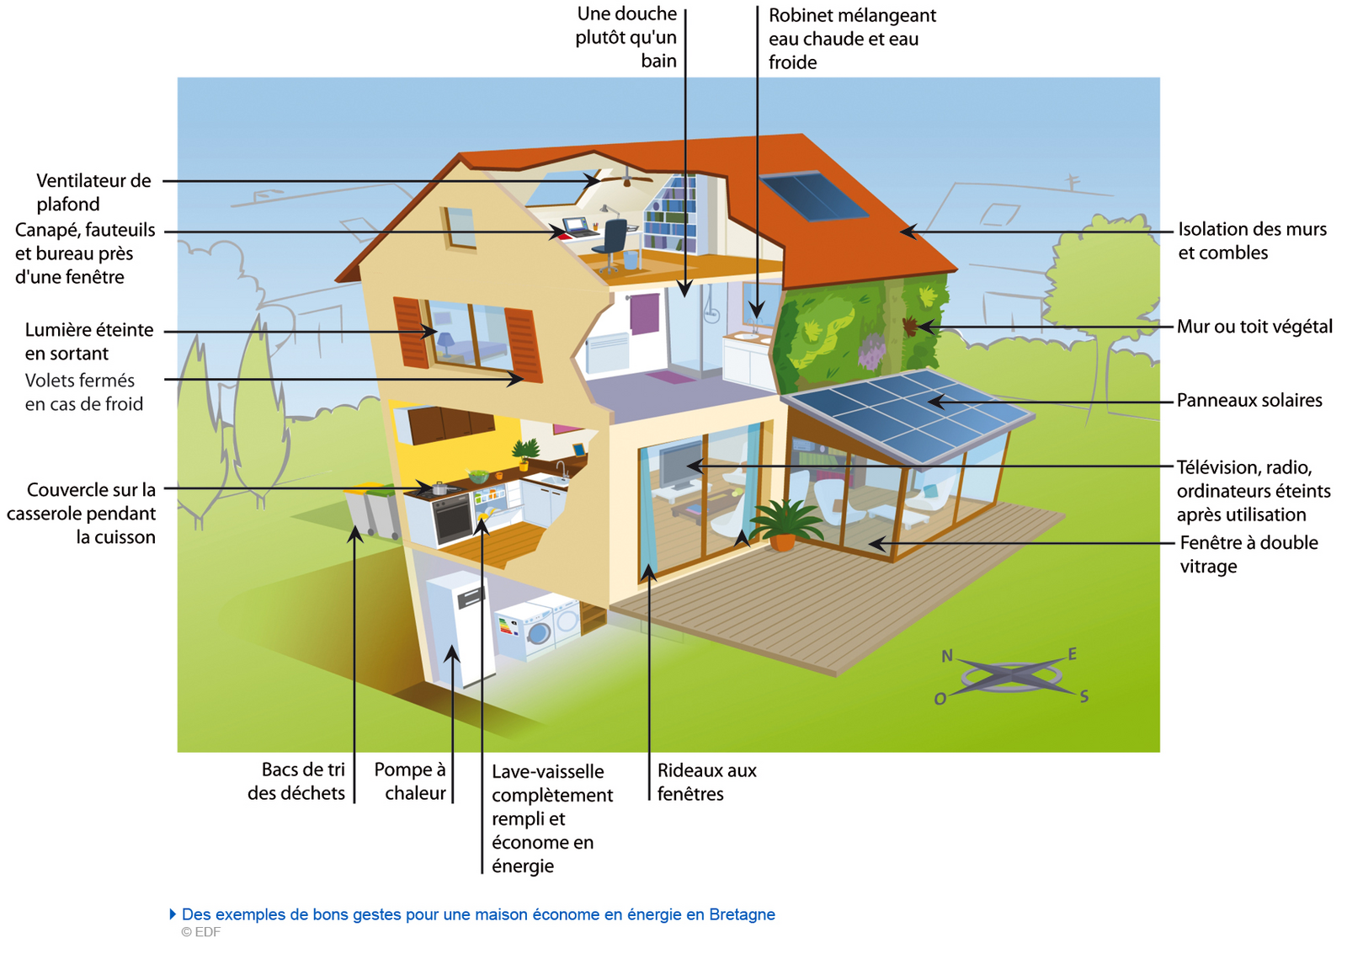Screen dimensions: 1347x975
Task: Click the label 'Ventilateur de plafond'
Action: (x=93, y=193)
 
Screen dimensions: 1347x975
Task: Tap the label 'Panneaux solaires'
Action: (x=1249, y=401)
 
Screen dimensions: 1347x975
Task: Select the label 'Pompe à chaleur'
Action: (x=409, y=781)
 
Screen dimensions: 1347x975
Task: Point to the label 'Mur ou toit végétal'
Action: (x=1254, y=327)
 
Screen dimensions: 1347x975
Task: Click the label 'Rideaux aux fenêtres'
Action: (x=706, y=782)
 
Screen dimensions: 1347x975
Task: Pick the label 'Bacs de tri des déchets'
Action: (x=296, y=781)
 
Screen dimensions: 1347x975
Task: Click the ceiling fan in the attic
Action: (x=626, y=178)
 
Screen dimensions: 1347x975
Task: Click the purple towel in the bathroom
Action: (x=645, y=313)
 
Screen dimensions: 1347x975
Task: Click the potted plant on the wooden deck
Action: (x=783, y=525)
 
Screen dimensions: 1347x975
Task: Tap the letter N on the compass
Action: (x=947, y=656)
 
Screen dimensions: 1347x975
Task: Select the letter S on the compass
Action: (x=1083, y=696)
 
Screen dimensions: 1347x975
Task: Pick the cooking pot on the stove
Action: (x=440, y=488)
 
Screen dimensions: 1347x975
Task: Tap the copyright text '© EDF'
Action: (x=201, y=932)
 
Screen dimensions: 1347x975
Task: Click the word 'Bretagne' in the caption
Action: (x=742, y=915)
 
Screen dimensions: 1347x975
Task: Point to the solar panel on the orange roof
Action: (x=813, y=196)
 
